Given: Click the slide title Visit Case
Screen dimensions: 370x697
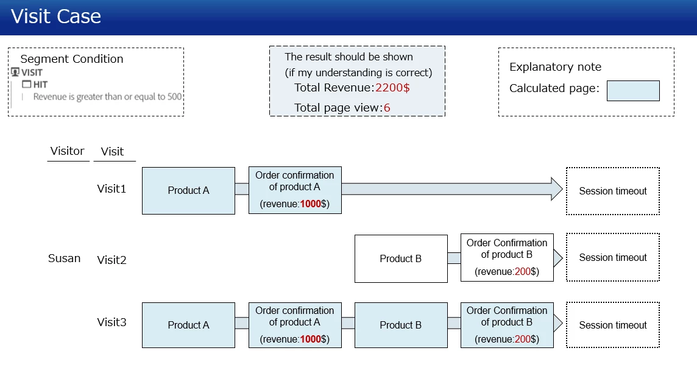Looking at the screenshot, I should pyautogui.click(x=56, y=16).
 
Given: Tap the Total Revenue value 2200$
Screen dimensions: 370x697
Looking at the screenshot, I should pyautogui.click(x=392, y=88).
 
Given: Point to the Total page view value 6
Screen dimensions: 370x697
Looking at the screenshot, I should pyautogui.click(x=387, y=108).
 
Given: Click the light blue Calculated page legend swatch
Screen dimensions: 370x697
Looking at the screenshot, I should pyautogui.click(x=633, y=91).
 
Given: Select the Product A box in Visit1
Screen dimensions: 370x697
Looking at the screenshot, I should pyautogui.click(x=188, y=191).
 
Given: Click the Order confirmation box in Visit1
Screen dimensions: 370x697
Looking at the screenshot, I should pyautogui.click(x=295, y=190).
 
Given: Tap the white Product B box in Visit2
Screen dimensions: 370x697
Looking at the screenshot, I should pyautogui.click(x=400, y=258).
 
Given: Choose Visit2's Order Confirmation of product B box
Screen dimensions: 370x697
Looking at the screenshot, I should pyautogui.click(x=507, y=257).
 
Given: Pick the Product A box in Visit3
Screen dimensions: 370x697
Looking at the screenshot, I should pyautogui.click(x=188, y=326).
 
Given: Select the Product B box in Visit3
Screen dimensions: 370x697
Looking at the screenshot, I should pyautogui.click(x=400, y=326).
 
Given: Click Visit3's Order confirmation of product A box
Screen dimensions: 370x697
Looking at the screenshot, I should pyautogui.click(x=295, y=325).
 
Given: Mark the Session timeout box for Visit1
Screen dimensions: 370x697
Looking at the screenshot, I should pyautogui.click(x=612, y=191).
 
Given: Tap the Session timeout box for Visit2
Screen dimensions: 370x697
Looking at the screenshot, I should pyautogui.click(x=612, y=257).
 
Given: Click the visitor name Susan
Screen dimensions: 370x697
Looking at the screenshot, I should pyautogui.click(x=64, y=258).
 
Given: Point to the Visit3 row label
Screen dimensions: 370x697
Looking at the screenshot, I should pyautogui.click(x=111, y=322).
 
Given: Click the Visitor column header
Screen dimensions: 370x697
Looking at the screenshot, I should pyautogui.click(x=67, y=151).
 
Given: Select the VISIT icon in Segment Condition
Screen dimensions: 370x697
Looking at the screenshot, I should pyautogui.click(x=15, y=72).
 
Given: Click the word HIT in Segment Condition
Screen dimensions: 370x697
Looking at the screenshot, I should pyautogui.click(x=40, y=85).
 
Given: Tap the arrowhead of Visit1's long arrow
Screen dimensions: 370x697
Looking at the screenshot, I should pyautogui.click(x=556, y=189).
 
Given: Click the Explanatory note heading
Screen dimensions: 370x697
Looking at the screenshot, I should pyautogui.click(x=555, y=67).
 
